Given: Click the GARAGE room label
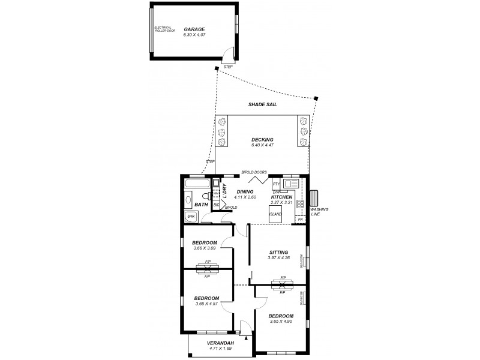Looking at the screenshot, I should pos(194,29).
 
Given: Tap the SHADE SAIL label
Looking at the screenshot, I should pos(262,104).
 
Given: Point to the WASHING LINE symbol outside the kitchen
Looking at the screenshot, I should pos(315,199).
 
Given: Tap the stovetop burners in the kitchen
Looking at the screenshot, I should pos(300,204).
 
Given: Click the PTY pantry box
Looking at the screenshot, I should pos(276,184).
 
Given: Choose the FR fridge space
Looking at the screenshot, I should pos(300,220).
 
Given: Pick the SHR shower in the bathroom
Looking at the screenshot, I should pos(191,216).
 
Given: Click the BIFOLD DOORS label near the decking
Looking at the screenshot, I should pos(254,172).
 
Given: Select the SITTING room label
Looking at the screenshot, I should pos(278,252).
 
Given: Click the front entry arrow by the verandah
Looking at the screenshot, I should pos(241,329).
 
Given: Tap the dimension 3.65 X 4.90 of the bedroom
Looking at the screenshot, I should pos(281,322).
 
